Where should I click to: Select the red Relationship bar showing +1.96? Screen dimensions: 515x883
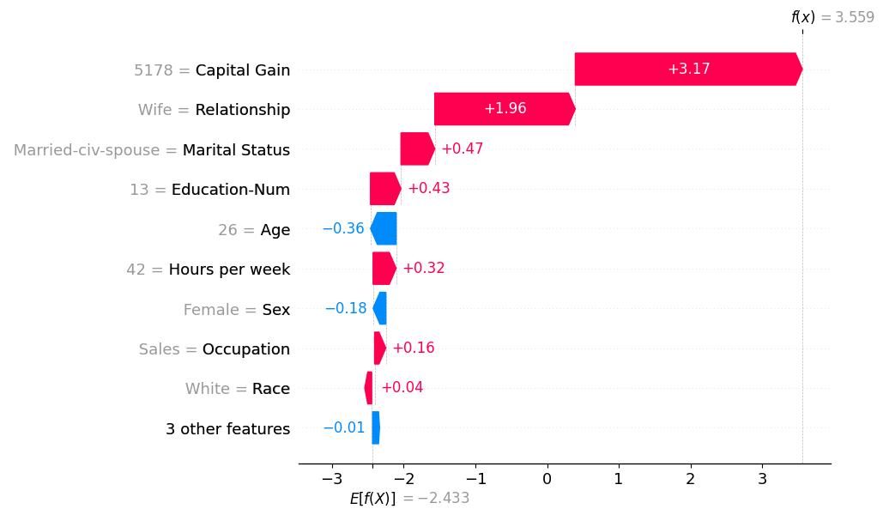pos(505,109)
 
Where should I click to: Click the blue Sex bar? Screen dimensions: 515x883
pos(380,308)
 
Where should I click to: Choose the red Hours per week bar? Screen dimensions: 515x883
pos(384,269)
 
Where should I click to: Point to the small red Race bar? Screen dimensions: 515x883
pos(369,388)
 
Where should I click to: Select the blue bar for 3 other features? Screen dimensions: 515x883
pos(376,427)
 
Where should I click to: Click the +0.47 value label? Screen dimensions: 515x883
pos(462,149)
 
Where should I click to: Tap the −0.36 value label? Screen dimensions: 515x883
pos(343,229)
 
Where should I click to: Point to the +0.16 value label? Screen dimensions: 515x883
pos(413,348)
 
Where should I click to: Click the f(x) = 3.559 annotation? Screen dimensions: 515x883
pos(832,17)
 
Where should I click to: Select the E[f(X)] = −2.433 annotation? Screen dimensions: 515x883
pos(409,499)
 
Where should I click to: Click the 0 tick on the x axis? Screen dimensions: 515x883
pos(547,478)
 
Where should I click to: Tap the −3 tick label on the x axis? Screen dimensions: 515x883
pos(331,478)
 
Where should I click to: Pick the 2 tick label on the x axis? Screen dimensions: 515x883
pos(690,478)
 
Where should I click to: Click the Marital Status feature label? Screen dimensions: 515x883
pos(236,150)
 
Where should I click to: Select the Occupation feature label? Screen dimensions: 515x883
pos(245,349)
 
